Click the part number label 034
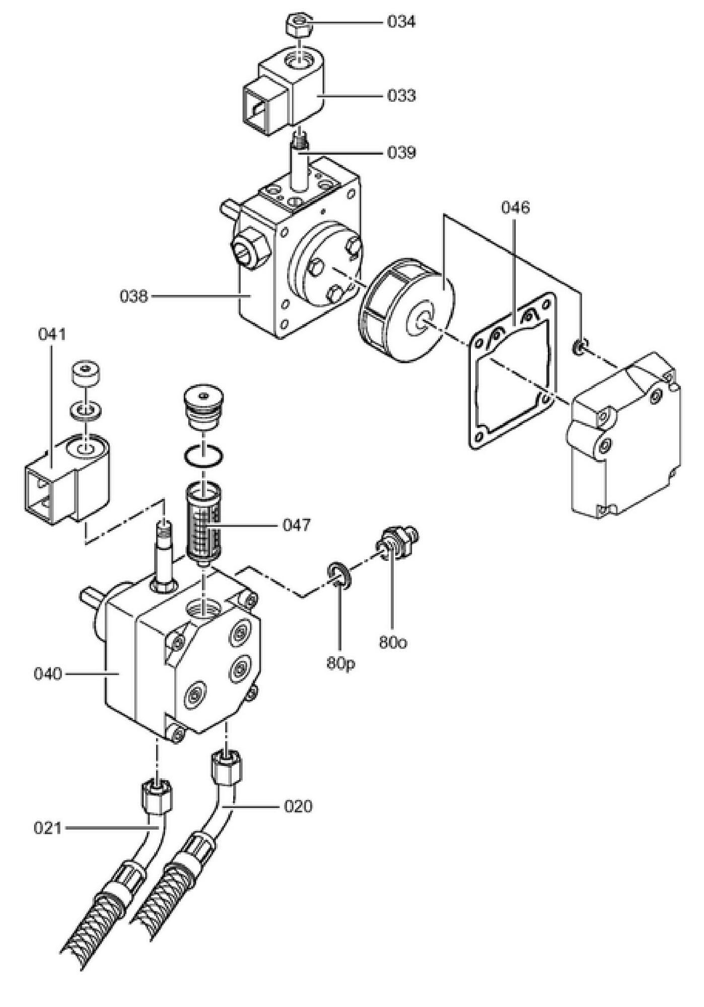pyautogui.click(x=401, y=22)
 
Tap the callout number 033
pyautogui.click(x=401, y=95)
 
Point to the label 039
pyautogui.click(x=401, y=152)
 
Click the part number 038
pyautogui.click(x=134, y=297)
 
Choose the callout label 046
pyautogui.click(x=515, y=207)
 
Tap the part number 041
pyautogui.click(x=52, y=334)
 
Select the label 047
pyautogui.click(x=297, y=526)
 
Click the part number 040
pyautogui.click(x=48, y=674)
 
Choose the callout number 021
pyautogui.click(x=48, y=828)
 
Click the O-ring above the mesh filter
pyautogui.click(x=203, y=455)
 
